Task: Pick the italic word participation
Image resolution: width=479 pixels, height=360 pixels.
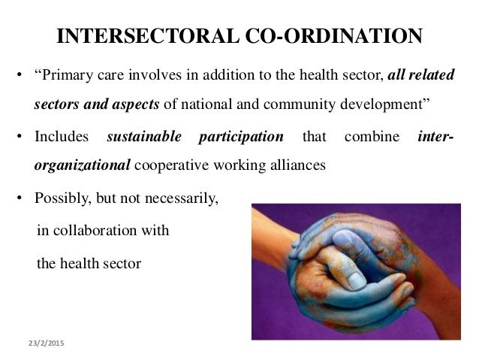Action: (240, 138)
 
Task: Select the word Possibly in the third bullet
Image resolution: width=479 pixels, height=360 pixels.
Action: (61, 200)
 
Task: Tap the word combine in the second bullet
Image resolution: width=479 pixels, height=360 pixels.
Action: (367, 138)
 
